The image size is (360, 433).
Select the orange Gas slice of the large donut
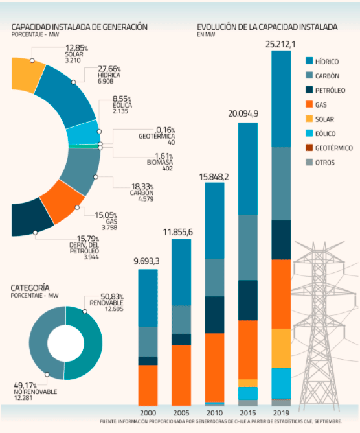62,202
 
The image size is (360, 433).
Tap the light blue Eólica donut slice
84,132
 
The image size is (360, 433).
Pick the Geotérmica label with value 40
157,136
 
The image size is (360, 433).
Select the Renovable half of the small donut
84,343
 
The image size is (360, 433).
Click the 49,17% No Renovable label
36,392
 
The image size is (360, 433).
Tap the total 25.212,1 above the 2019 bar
280,45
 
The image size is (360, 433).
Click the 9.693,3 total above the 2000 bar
146,261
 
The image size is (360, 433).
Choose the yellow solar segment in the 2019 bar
281,348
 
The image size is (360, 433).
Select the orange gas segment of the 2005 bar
181,375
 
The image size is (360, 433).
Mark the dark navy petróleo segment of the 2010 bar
214,315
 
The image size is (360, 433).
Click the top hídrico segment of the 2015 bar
248,169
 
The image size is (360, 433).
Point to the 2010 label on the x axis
214,413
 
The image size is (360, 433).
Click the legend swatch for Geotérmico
309,148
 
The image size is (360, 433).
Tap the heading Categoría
30,288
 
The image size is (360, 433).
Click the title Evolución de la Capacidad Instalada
267,27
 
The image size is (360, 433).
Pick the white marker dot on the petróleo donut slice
35,233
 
